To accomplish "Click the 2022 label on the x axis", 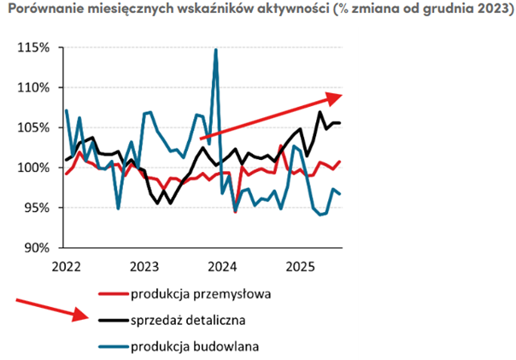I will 66,266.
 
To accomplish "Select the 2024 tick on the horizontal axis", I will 222,266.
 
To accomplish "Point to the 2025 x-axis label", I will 300,266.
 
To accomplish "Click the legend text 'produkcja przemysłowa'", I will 201,295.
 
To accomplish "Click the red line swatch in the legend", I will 113,295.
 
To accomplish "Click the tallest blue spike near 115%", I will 215,50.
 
